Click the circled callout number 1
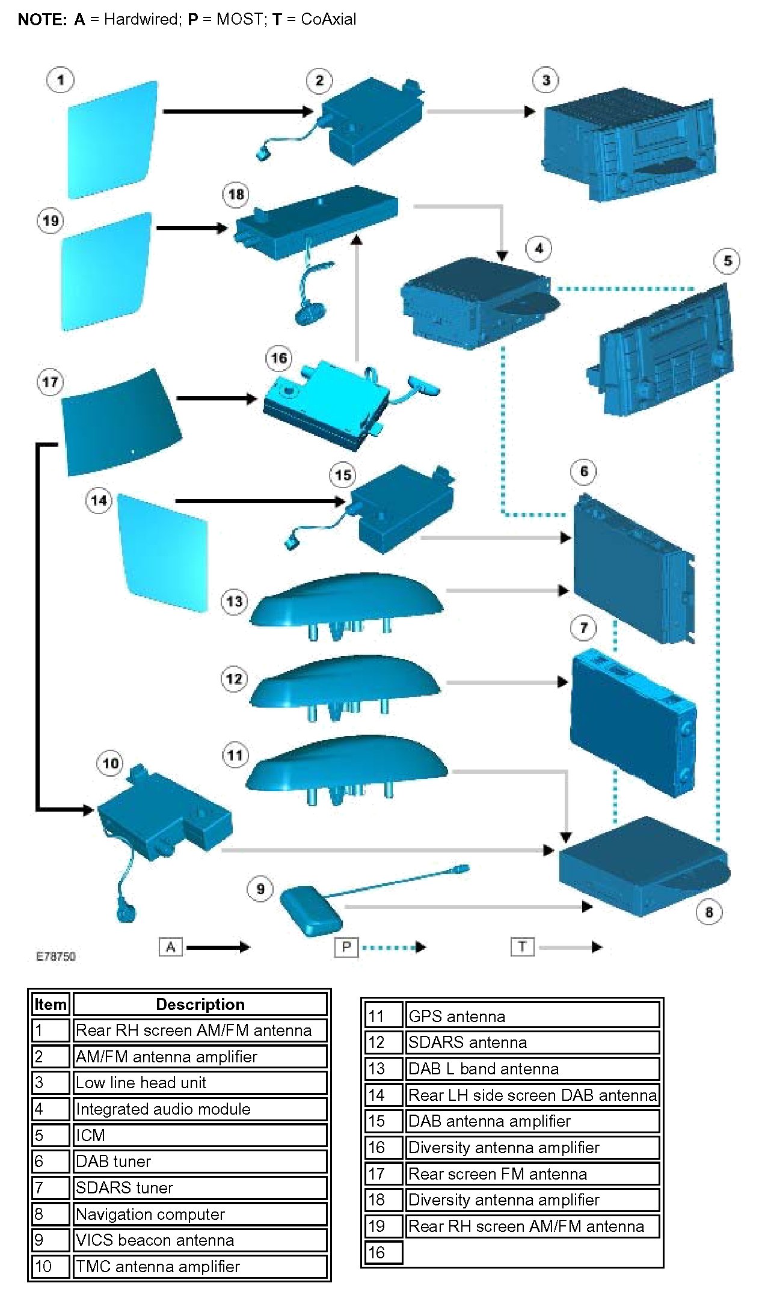60,80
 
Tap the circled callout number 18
236,194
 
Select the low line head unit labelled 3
628,144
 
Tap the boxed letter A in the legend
171,947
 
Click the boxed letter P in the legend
346,947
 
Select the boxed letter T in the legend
522,947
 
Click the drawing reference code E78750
56,957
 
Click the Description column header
200,1004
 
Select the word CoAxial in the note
328,19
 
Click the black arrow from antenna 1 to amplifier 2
238,111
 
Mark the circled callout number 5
727,261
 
